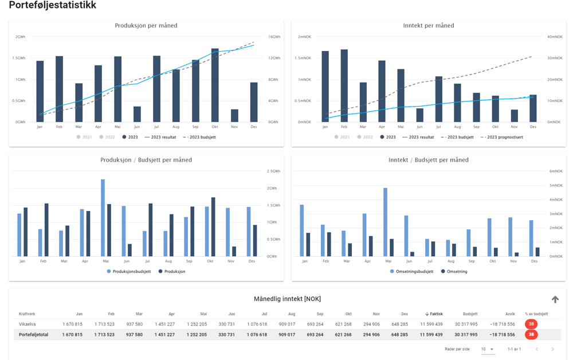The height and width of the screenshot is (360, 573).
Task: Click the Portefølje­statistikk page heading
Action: coord(53,6)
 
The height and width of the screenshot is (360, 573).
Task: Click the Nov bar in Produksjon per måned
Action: coord(234,116)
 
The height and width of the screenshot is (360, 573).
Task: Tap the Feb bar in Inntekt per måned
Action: coord(344,86)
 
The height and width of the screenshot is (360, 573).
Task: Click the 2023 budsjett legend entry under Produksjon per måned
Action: coord(199,138)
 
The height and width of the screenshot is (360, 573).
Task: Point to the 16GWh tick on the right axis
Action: coord(273,37)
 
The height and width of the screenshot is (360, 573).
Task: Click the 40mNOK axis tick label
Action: coord(555,37)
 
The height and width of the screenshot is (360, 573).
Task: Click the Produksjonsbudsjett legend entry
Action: coord(129,272)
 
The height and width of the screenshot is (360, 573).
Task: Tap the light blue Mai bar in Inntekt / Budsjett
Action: coord(386,222)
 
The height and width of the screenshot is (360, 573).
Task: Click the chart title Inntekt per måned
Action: coord(428,26)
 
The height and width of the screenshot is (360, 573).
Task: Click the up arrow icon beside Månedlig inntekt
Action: coord(555,299)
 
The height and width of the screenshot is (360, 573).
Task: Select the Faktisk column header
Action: coord(434,314)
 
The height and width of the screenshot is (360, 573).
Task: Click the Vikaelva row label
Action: coord(27,324)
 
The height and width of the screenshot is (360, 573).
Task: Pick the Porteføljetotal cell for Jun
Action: coord(227,335)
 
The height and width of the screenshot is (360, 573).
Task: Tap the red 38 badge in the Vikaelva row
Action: coord(531,324)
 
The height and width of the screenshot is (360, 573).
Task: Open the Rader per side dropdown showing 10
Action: coord(488,349)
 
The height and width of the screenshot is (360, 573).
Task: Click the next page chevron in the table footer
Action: coord(552,349)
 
